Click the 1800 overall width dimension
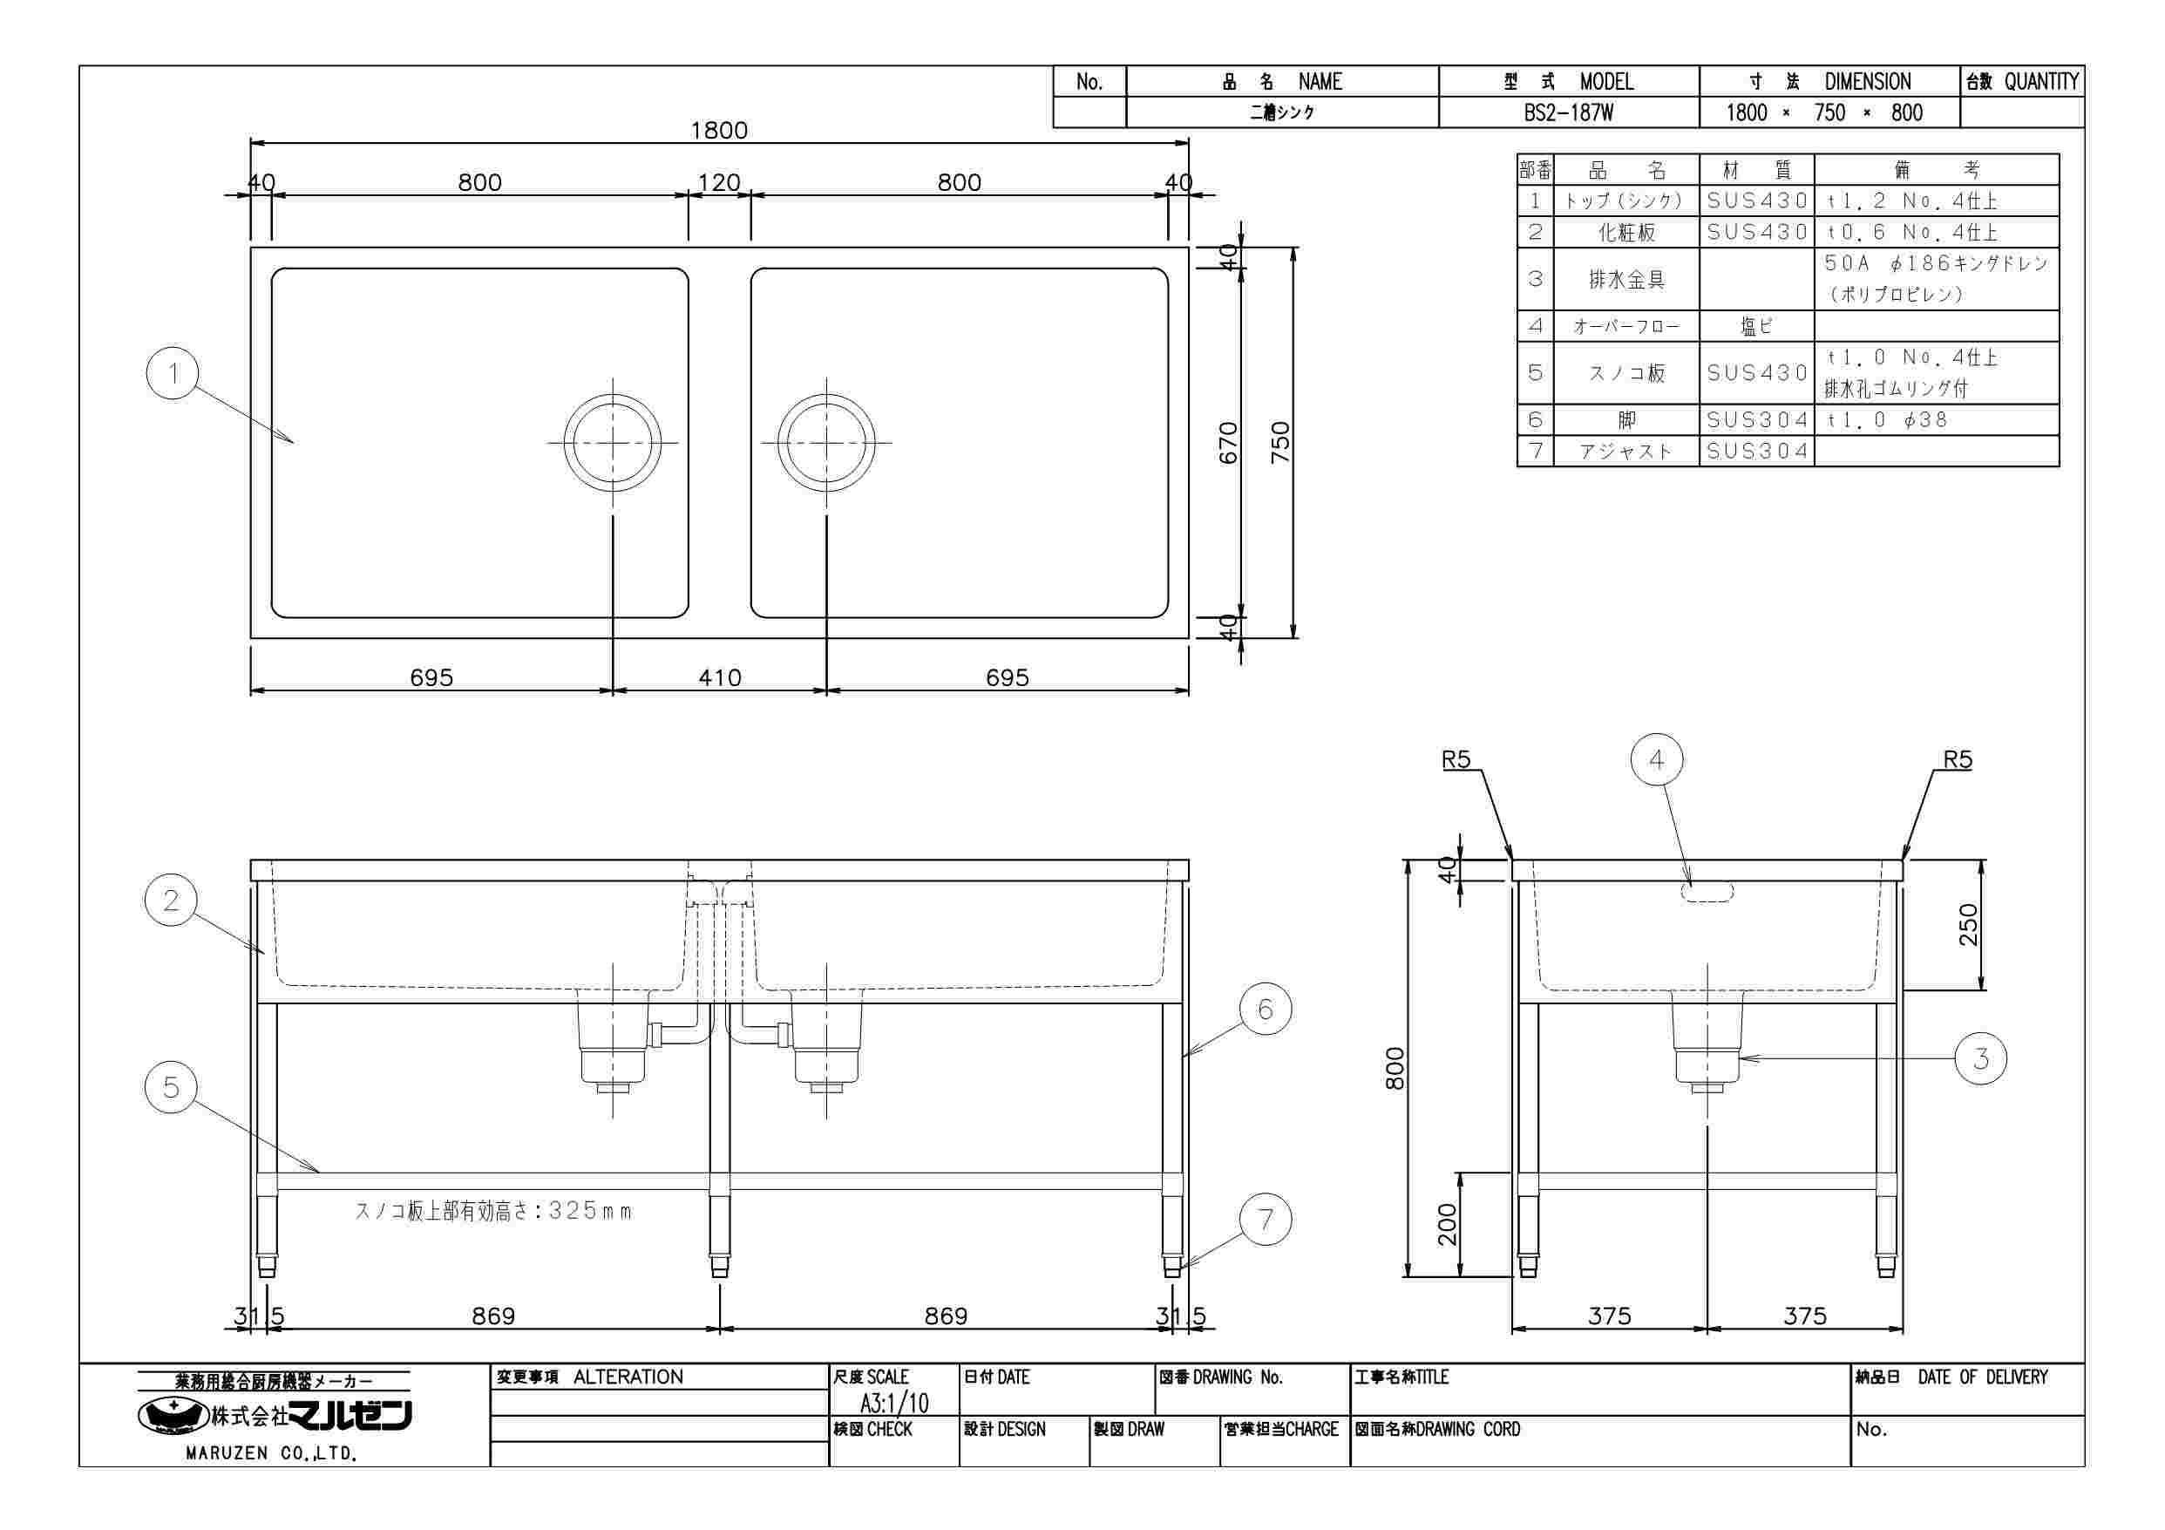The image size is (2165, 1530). click(x=718, y=130)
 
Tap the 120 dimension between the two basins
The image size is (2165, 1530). click(x=718, y=182)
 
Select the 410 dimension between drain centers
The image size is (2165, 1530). click(x=719, y=677)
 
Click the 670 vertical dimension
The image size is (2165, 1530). click(x=1228, y=442)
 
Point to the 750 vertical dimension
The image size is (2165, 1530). click(x=1279, y=442)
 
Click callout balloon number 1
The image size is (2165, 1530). click(x=173, y=373)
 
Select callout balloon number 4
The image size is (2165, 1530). click(x=1657, y=760)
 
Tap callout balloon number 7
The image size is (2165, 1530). click(x=1266, y=1220)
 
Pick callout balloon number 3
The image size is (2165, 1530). click(x=1980, y=1058)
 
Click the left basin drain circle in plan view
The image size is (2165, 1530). click(x=613, y=442)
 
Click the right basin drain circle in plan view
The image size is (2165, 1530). click(x=827, y=442)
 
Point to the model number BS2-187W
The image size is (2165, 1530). click(x=1568, y=113)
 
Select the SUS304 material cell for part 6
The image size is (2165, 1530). click(x=1758, y=419)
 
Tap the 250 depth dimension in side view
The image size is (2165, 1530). click(x=1969, y=924)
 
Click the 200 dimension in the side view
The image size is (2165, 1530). click(x=1448, y=1224)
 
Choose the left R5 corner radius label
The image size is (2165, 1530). click(x=1456, y=760)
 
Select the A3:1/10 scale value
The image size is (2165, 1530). click(x=893, y=1403)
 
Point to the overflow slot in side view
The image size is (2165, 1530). click(x=1707, y=891)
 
